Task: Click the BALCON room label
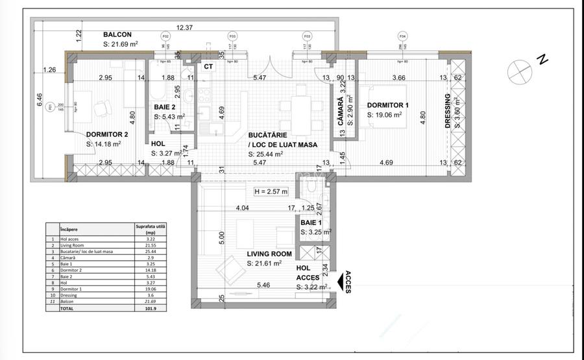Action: (x=117, y=35)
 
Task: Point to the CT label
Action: (x=209, y=66)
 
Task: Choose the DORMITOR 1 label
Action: (x=388, y=105)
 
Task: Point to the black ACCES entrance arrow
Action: (x=340, y=280)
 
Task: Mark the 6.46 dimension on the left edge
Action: (x=39, y=100)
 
